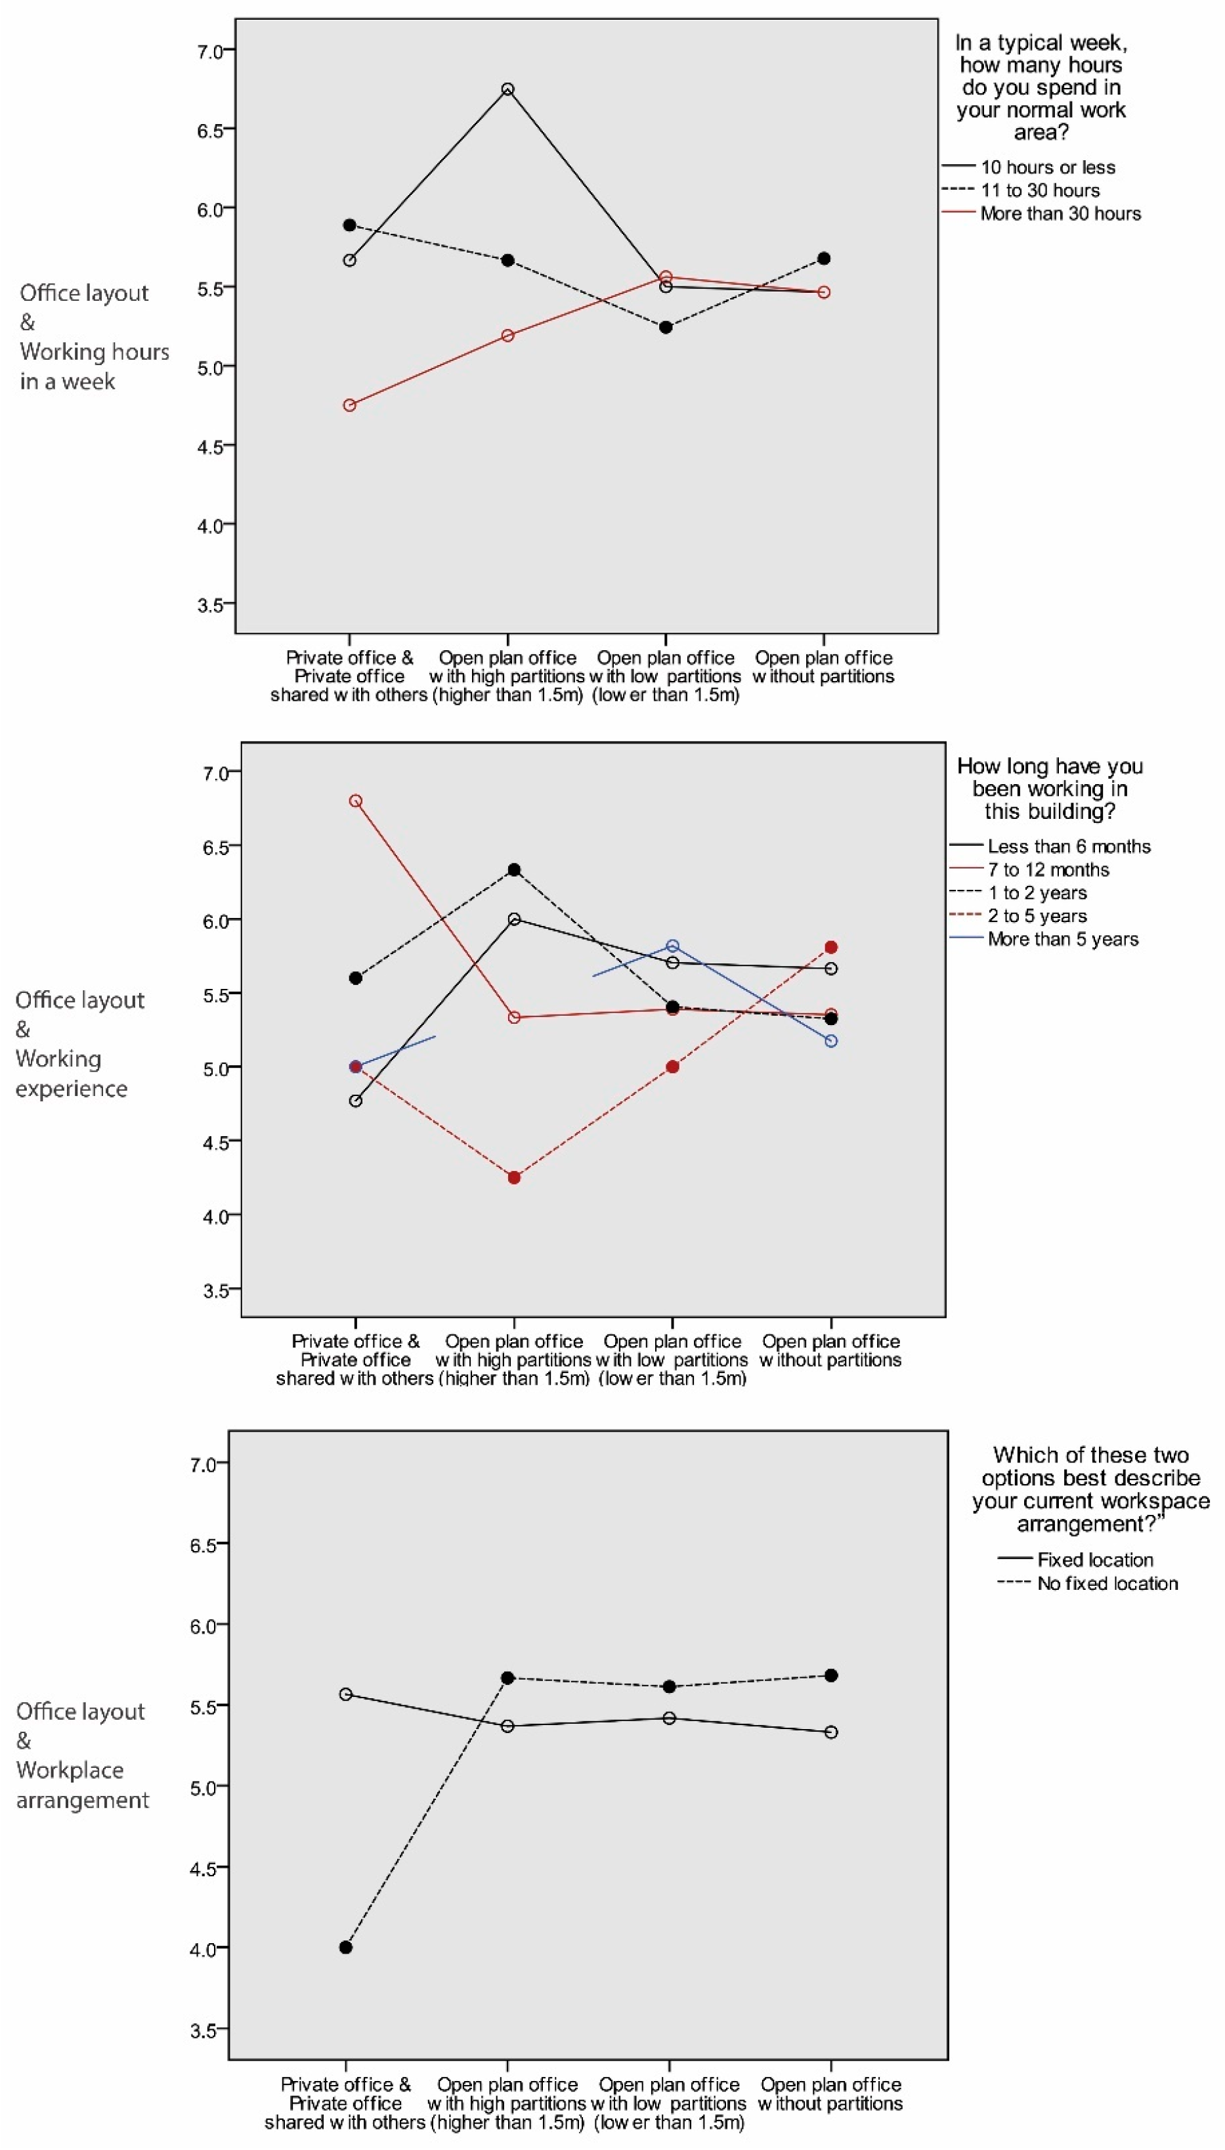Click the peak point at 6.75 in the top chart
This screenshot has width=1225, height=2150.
click(x=507, y=89)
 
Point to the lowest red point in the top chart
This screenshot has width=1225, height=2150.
click(x=349, y=405)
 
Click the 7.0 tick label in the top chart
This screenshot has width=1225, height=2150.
click(x=209, y=51)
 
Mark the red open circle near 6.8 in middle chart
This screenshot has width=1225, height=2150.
click(x=355, y=801)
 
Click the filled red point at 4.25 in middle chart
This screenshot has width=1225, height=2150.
click(x=514, y=1177)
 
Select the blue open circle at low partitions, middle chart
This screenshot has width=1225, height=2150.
click(x=672, y=946)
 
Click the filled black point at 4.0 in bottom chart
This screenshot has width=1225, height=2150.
click(x=346, y=1947)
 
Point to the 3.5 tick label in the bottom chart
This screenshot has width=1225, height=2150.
click(x=204, y=2030)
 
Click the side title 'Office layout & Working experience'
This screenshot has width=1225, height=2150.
click(x=78, y=1043)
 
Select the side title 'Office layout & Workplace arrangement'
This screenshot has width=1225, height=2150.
click(x=81, y=1755)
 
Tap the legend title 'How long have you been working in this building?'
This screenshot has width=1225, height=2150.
click(x=1050, y=789)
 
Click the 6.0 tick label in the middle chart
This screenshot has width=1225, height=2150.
click(x=215, y=921)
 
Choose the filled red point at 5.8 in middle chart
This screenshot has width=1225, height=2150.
click(x=831, y=947)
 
